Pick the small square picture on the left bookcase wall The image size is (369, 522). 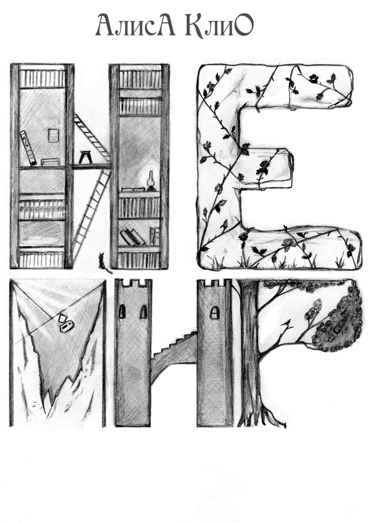click(53, 135)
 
